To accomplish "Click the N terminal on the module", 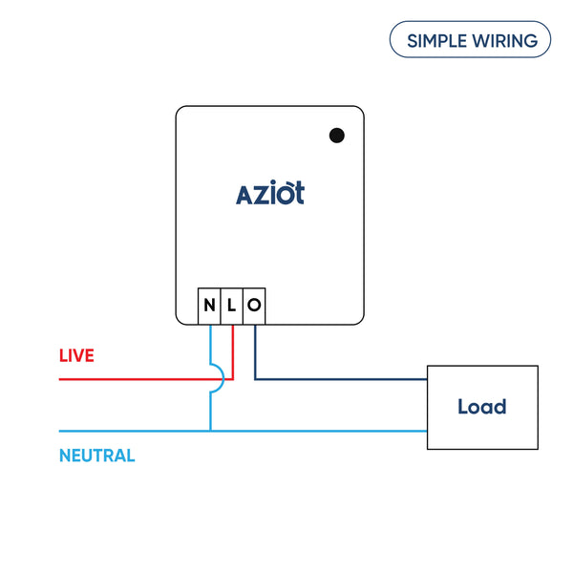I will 209,307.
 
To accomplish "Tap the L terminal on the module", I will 231,307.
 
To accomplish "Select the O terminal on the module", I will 254,307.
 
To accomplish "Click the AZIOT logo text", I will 270,193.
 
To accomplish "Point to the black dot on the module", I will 336,136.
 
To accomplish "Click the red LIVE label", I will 76,356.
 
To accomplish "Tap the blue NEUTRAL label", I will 96,456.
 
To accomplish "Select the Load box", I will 481,407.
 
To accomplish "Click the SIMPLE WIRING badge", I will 470,41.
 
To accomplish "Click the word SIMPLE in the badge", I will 435,41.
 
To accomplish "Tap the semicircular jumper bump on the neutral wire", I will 218,379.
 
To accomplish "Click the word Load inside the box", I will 481,407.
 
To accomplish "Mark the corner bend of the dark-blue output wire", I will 255,379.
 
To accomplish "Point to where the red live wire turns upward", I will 232,379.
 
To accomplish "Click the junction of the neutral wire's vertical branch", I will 210,431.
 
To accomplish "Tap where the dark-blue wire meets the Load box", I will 427,379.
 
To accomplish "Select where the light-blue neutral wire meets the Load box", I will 427,431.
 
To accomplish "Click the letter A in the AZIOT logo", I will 244,195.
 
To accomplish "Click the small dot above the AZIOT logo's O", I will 290,181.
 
